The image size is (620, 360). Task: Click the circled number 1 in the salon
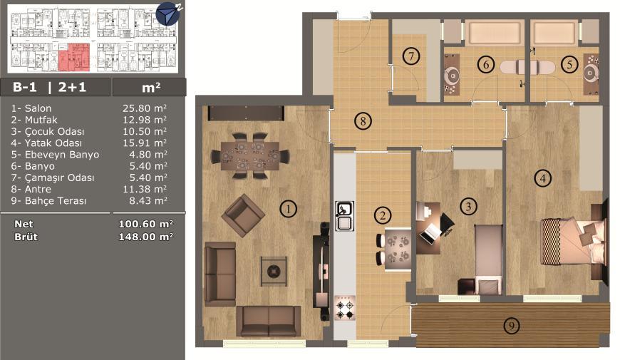[288, 208]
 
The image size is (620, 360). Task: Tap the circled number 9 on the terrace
[511, 326]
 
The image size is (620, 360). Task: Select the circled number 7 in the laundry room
[410, 56]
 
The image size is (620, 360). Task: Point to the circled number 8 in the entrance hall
[363, 120]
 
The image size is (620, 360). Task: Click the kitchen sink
[344, 216]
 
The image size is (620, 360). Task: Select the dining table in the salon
[250, 156]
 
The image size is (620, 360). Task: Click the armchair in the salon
[243, 215]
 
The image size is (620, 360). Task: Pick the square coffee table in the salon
[274, 271]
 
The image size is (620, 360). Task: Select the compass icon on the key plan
[168, 14]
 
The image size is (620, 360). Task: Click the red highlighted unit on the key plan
[74, 57]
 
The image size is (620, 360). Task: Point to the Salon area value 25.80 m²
[145, 108]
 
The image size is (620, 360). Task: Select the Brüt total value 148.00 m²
[146, 237]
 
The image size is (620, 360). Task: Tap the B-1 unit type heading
[24, 87]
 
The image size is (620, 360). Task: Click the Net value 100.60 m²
[146, 224]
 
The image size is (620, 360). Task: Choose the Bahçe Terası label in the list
[56, 201]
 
